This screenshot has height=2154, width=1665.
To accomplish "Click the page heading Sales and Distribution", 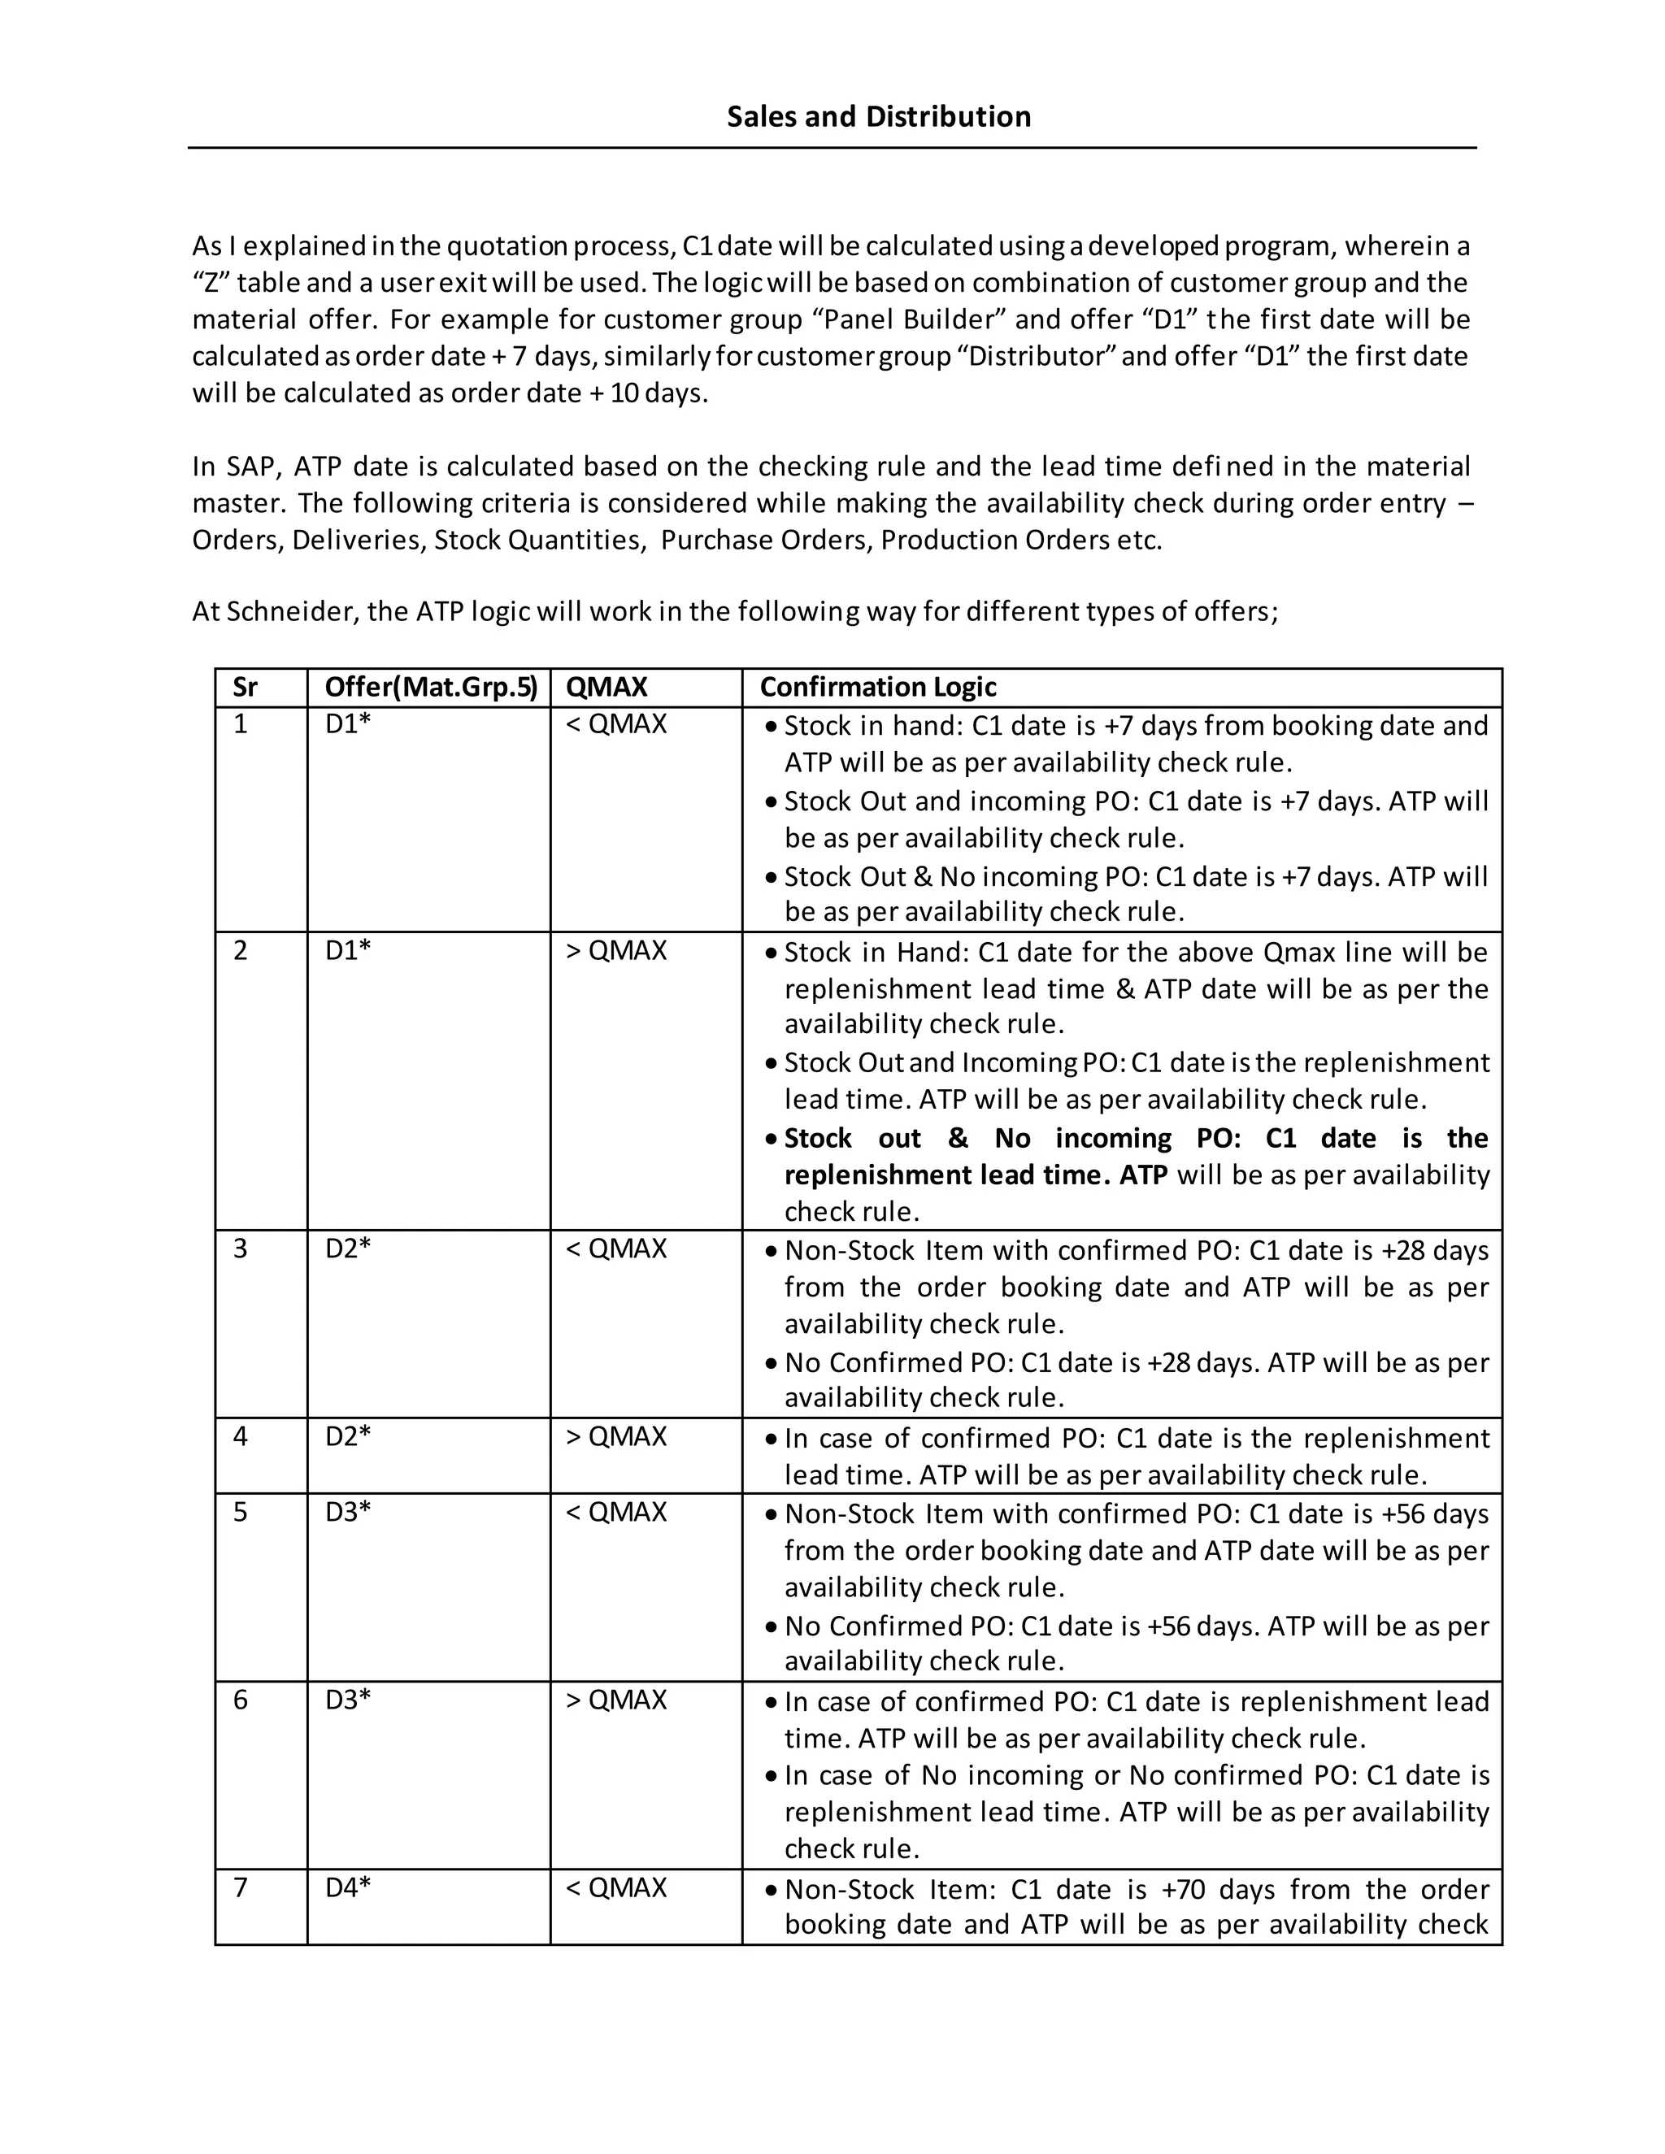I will point(878,116).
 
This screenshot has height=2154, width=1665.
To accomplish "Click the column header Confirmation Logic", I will point(877,687).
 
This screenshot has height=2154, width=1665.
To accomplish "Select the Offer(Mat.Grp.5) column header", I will point(431,687).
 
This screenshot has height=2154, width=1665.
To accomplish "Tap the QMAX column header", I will point(606,687).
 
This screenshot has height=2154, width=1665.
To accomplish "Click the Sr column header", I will point(245,687).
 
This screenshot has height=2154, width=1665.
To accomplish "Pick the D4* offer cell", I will point(347,1887).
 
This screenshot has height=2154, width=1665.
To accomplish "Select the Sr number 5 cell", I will point(241,1511).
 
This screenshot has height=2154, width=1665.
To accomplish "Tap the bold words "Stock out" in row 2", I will point(851,1138).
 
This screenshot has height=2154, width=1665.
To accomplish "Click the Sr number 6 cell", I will point(241,1700).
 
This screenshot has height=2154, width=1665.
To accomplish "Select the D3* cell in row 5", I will point(347,1511).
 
